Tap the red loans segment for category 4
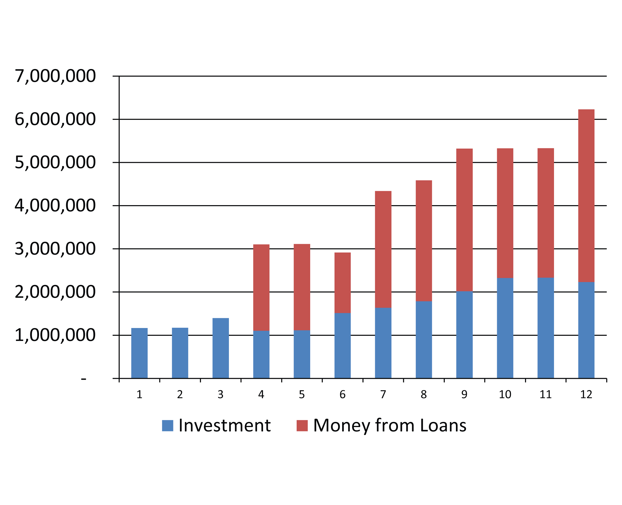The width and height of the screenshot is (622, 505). (x=261, y=287)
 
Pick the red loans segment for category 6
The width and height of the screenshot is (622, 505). (x=342, y=283)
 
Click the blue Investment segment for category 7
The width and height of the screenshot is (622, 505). (x=383, y=343)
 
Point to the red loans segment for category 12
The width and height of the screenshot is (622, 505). (x=586, y=196)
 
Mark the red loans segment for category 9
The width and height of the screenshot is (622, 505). (x=464, y=220)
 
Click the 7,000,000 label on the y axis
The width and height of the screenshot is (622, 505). (x=55, y=76)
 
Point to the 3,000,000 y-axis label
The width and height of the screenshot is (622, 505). (x=55, y=249)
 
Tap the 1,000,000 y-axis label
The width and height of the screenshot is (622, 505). (x=55, y=335)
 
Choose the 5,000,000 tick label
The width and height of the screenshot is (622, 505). (x=55, y=162)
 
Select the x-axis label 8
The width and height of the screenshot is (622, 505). (x=424, y=395)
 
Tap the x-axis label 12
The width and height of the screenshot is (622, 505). (x=586, y=395)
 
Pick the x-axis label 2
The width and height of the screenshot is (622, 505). (x=180, y=395)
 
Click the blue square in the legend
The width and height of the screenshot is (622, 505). (x=167, y=426)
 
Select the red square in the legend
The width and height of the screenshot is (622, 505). (x=302, y=426)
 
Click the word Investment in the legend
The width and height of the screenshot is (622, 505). (x=225, y=426)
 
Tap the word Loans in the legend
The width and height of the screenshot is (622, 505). (x=443, y=426)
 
